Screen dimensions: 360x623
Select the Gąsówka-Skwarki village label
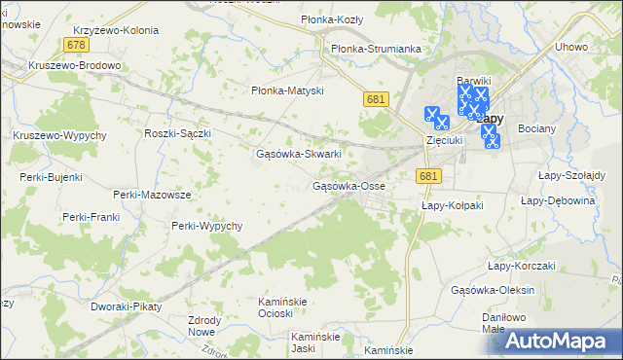(x=298, y=154)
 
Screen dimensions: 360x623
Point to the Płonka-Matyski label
(x=287, y=90)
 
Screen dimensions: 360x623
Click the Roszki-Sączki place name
(x=177, y=133)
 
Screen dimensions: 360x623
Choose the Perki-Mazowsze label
(x=152, y=195)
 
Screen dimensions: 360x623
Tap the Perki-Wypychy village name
(x=206, y=226)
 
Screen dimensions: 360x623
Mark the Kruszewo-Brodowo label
(x=75, y=66)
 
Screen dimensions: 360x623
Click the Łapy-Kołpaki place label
(x=452, y=205)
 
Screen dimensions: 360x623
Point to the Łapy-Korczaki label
(x=521, y=266)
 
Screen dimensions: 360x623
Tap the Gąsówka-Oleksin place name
(x=494, y=289)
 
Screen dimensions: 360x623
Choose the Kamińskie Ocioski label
(x=282, y=307)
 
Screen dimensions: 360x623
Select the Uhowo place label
(x=570, y=47)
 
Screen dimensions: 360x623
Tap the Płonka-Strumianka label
(x=376, y=49)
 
